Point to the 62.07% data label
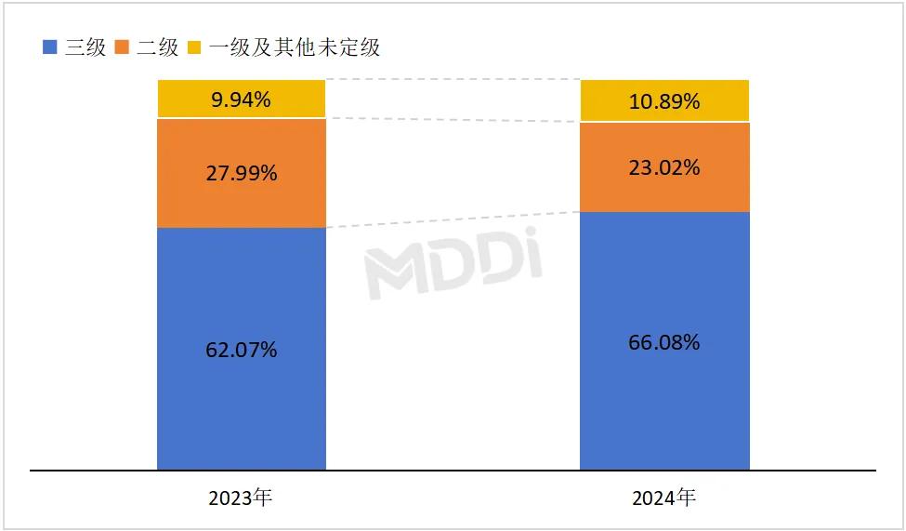[x=241, y=351]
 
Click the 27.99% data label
[x=241, y=173]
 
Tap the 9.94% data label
[x=241, y=100]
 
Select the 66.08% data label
[x=663, y=343]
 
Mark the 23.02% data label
[x=663, y=168]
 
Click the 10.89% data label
[x=663, y=101]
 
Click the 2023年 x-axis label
[x=241, y=498]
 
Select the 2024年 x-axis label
[x=663, y=498]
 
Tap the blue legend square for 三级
[x=50, y=46]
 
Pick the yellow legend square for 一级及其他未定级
[x=195, y=46]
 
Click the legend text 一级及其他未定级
[x=295, y=46]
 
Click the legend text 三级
[x=85, y=46]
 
